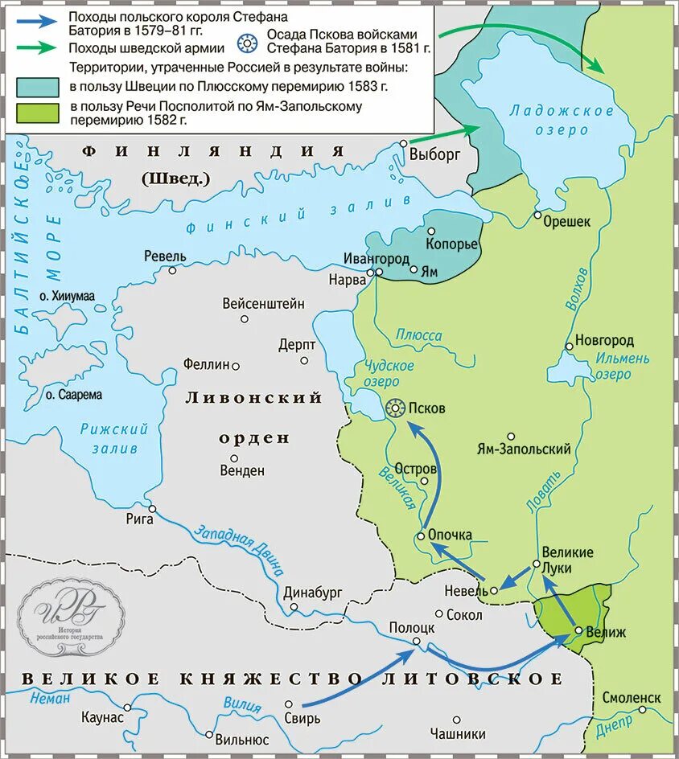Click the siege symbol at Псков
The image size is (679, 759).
[395, 408]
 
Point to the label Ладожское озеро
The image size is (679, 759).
[549, 120]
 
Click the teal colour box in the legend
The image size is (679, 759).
[36, 87]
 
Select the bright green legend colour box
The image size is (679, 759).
[36, 113]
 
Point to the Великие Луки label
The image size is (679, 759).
[567, 560]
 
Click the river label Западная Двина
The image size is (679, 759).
[240, 550]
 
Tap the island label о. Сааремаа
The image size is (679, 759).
[73, 395]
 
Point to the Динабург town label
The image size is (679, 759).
[313, 593]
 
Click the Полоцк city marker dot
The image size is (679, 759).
[416, 641]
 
